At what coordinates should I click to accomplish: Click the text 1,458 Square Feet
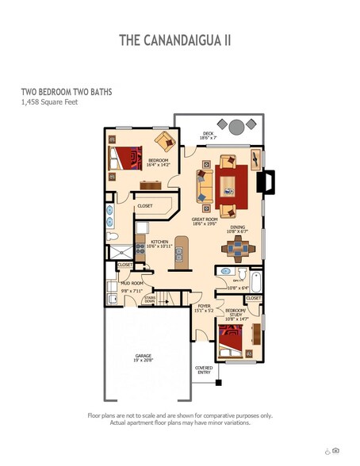pos(50,102)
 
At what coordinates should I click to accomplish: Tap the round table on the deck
pos(237,125)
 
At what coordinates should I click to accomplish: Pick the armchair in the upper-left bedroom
pos(166,142)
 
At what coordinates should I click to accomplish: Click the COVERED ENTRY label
pos(204,370)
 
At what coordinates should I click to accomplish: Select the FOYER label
pos(204,307)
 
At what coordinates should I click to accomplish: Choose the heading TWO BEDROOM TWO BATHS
pos(67,91)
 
